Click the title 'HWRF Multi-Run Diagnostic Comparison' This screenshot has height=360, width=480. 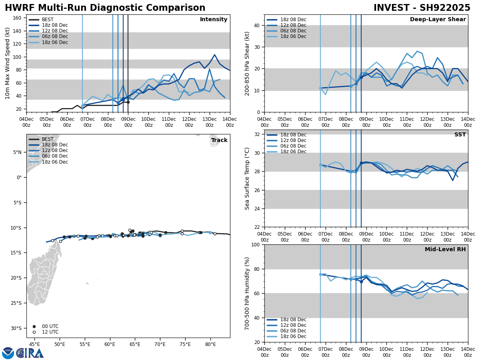(105, 8)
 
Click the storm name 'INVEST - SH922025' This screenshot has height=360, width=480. (422, 8)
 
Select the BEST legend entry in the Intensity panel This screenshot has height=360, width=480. (48, 20)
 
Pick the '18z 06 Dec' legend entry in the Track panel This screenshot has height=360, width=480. (55, 162)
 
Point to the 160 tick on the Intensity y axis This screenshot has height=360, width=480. (18, 18)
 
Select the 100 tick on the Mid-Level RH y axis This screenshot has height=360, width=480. (254, 244)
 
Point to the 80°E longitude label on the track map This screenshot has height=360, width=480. (210, 344)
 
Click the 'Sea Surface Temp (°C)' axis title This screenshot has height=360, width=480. (247, 178)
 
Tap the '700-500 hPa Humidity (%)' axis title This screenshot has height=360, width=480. (247, 293)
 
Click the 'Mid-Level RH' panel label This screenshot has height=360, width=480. (445, 250)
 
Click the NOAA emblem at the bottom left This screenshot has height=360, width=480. (8, 353)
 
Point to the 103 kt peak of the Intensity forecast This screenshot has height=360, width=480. (214, 55)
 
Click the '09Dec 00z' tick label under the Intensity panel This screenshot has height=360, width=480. (128, 122)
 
